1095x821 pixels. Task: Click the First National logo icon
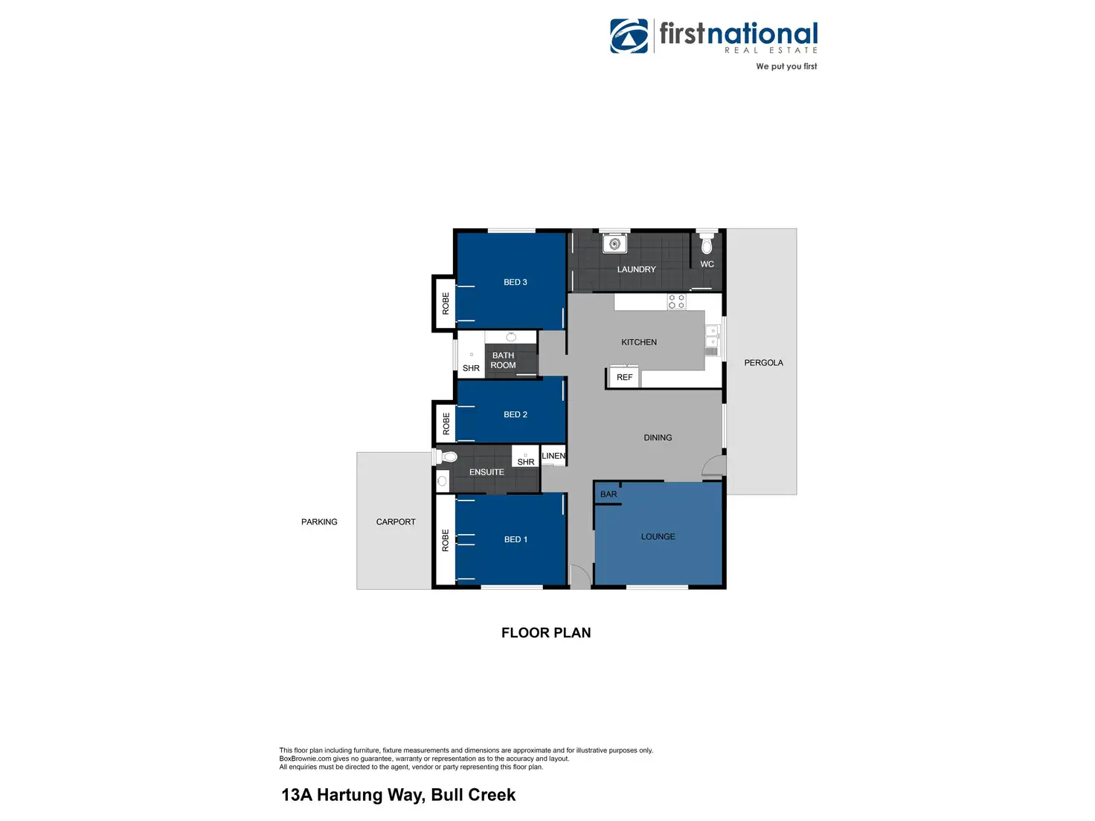pos(629,36)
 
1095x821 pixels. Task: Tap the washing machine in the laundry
pos(614,243)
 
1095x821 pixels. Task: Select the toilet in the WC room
pos(707,243)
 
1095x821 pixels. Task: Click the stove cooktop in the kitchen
pos(676,301)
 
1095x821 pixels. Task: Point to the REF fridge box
pos(624,377)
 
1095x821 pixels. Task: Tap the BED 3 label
pos(515,283)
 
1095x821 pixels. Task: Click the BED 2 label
pos(515,415)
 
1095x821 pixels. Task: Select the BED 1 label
pos(516,540)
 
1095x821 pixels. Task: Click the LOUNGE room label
pos(658,537)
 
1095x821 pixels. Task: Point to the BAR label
pos(608,495)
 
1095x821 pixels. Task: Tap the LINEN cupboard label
pos(553,456)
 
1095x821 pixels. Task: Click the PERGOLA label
pos(763,363)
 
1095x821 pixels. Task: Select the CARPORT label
pos(396,522)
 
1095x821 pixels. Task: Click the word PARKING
pos(319,522)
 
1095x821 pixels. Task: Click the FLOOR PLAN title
pos(546,633)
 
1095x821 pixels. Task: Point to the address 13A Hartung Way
pos(398,795)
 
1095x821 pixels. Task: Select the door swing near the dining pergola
pos(714,466)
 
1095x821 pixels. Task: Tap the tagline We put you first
pos(786,67)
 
